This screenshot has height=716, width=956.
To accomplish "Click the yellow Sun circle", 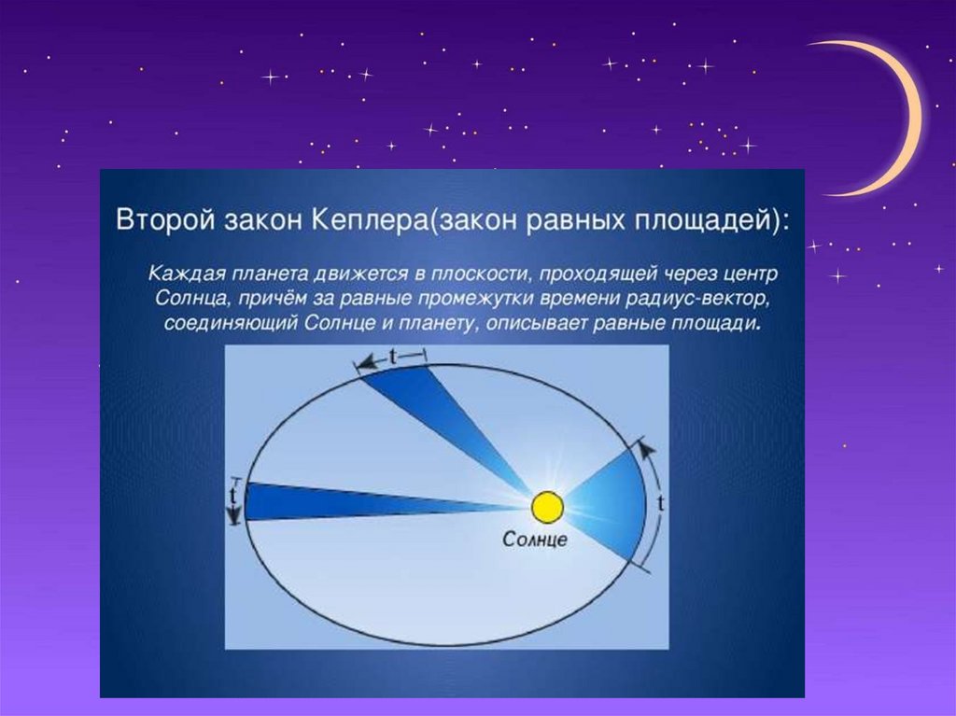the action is [x=547, y=508].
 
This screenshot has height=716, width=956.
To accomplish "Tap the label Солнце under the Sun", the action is [x=535, y=540].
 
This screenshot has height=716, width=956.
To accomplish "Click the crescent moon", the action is [x=889, y=116].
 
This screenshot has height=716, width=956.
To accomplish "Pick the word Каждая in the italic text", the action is [x=187, y=274].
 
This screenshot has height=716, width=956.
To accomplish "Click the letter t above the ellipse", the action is [x=392, y=356].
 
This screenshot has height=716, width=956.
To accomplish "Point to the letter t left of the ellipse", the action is [x=232, y=496].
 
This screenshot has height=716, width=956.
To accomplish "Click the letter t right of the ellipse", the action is [x=662, y=503].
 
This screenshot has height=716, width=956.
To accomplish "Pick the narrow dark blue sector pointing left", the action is [x=366, y=502].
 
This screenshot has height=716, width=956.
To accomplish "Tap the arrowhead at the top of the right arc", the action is [x=648, y=450].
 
